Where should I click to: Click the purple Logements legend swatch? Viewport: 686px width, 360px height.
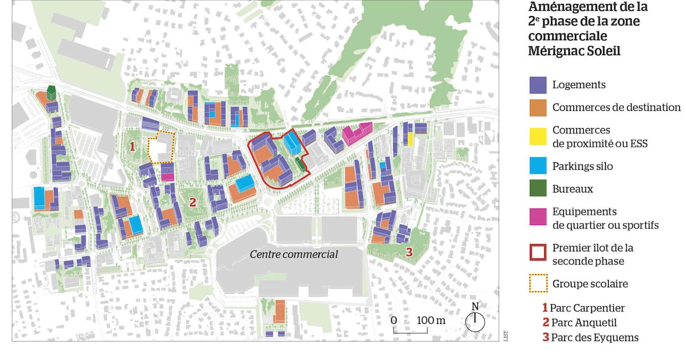pyautogui.click(x=538, y=85)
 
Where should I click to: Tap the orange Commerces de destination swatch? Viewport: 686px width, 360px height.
pyautogui.click(x=538, y=107)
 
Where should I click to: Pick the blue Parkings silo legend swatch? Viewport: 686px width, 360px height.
pyautogui.click(x=538, y=166)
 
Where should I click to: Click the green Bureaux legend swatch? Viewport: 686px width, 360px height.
pyautogui.click(x=538, y=189)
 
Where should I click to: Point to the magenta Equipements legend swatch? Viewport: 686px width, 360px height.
pyautogui.click(x=538, y=218)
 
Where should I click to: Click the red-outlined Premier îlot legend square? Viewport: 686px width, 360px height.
pyautogui.click(x=538, y=254)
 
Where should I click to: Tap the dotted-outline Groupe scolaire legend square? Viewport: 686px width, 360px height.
pyautogui.click(x=538, y=283)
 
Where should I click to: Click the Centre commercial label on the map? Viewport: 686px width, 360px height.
pyautogui.click(x=294, y=254)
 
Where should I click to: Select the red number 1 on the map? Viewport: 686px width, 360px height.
pyautogui.click(x=132, y=146)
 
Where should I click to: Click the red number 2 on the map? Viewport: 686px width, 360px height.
pyautogui.click(x=193, y=201)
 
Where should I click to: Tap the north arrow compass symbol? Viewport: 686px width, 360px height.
pyautogui.click(x=474, y=321)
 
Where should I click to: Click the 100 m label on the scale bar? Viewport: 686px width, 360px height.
pyautogui.click(x=431, y=320)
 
